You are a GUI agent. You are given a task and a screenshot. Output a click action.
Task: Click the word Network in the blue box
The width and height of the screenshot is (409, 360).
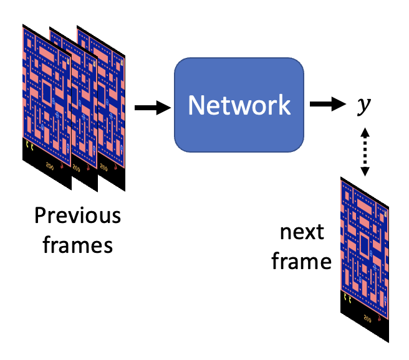(x=239, y=105)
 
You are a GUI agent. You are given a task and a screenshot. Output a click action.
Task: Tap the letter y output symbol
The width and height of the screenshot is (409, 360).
(x=362, y=107)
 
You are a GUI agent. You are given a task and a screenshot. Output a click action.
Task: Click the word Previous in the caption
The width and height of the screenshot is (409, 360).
(x=77, y=216)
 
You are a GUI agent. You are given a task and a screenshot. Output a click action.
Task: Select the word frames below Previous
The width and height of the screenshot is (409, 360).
(x=77, y=245)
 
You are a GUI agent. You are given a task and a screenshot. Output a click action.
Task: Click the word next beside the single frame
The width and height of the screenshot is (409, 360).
(x=302, y=232)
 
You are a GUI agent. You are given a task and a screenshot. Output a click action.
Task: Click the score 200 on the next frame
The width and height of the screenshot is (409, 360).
(x=368, y=319)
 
